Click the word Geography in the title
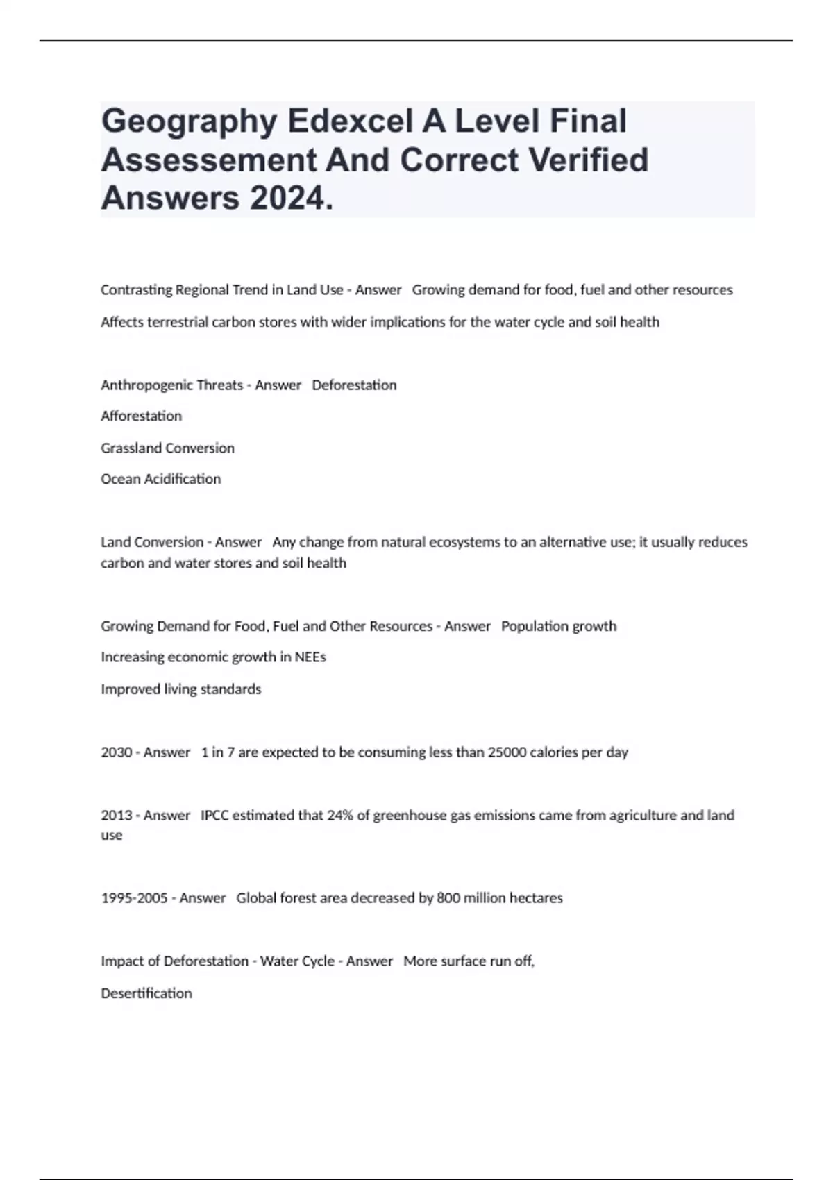(x=189, y=121)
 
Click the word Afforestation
(x=141, y=416)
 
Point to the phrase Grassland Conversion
(x=167, y=448)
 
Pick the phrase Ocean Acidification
(x=160, y=479)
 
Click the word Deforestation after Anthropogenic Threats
(x=354, y=385)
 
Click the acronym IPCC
(x=214, y=815)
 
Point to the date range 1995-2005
(x=134, y=897)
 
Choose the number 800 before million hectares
(x=448, y=897)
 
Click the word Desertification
(x=146, y=993)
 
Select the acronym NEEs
(x=310, y=657)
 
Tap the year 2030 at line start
(x=117, y=752)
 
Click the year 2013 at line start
(x=117, y=815)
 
